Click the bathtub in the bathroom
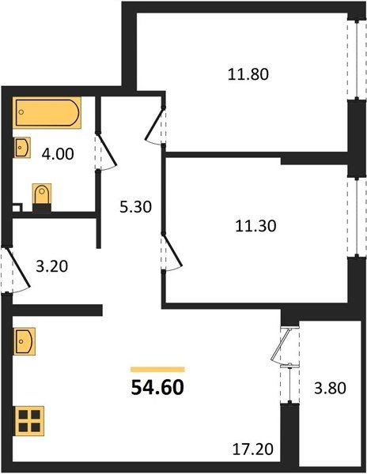pos(47,112)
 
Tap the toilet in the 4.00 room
pos(42,197)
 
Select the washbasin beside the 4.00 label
pos(22,147)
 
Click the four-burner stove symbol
pos(29,421)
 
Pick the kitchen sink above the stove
pos(25,341)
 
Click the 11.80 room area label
pos(248,74)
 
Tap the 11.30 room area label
pos(255,226)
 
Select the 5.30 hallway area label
pos(135,207)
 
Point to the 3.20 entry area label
pos(51,266)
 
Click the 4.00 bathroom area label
pos(58,154)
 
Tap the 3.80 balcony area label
pos(330,388)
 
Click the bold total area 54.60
pos(157,387)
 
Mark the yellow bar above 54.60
pos(157,370)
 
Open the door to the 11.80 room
pos(155,125)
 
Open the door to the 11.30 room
pos(172,251)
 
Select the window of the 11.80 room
pos(357,59)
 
